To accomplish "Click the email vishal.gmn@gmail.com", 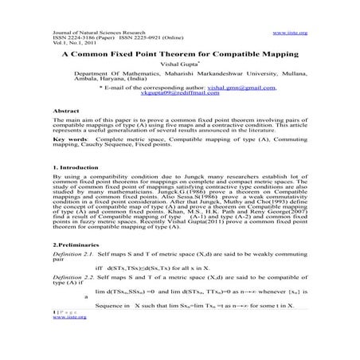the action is point(241,108).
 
